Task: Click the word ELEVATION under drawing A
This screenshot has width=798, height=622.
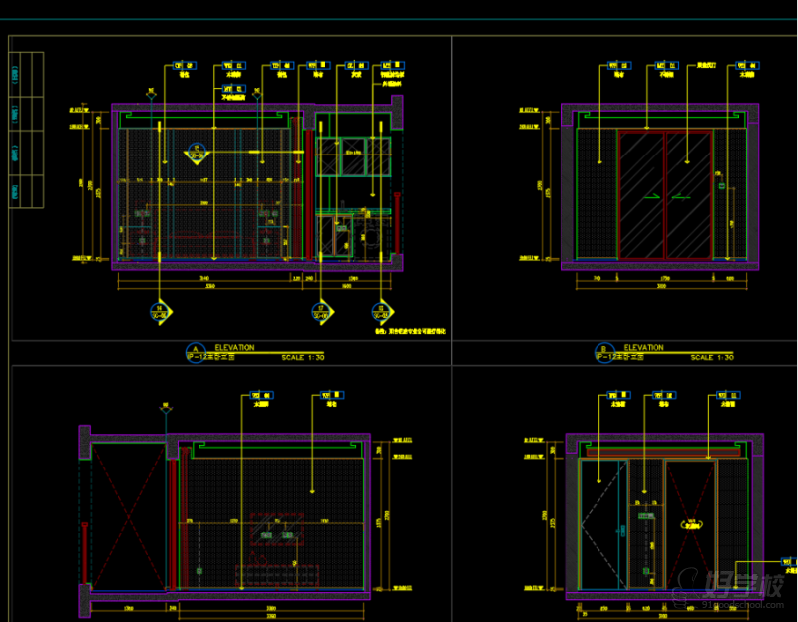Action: pos(234,348)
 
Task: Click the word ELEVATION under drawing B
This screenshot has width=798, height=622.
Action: pos(643,348)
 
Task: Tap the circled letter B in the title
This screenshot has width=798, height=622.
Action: pos(602,352)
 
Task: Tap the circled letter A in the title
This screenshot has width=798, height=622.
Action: pos(194,352)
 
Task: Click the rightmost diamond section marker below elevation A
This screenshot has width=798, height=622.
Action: pos(380,312)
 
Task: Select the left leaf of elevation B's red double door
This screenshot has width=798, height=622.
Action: pos(642,194)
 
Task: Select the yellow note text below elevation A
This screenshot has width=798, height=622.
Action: pos(410,330)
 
